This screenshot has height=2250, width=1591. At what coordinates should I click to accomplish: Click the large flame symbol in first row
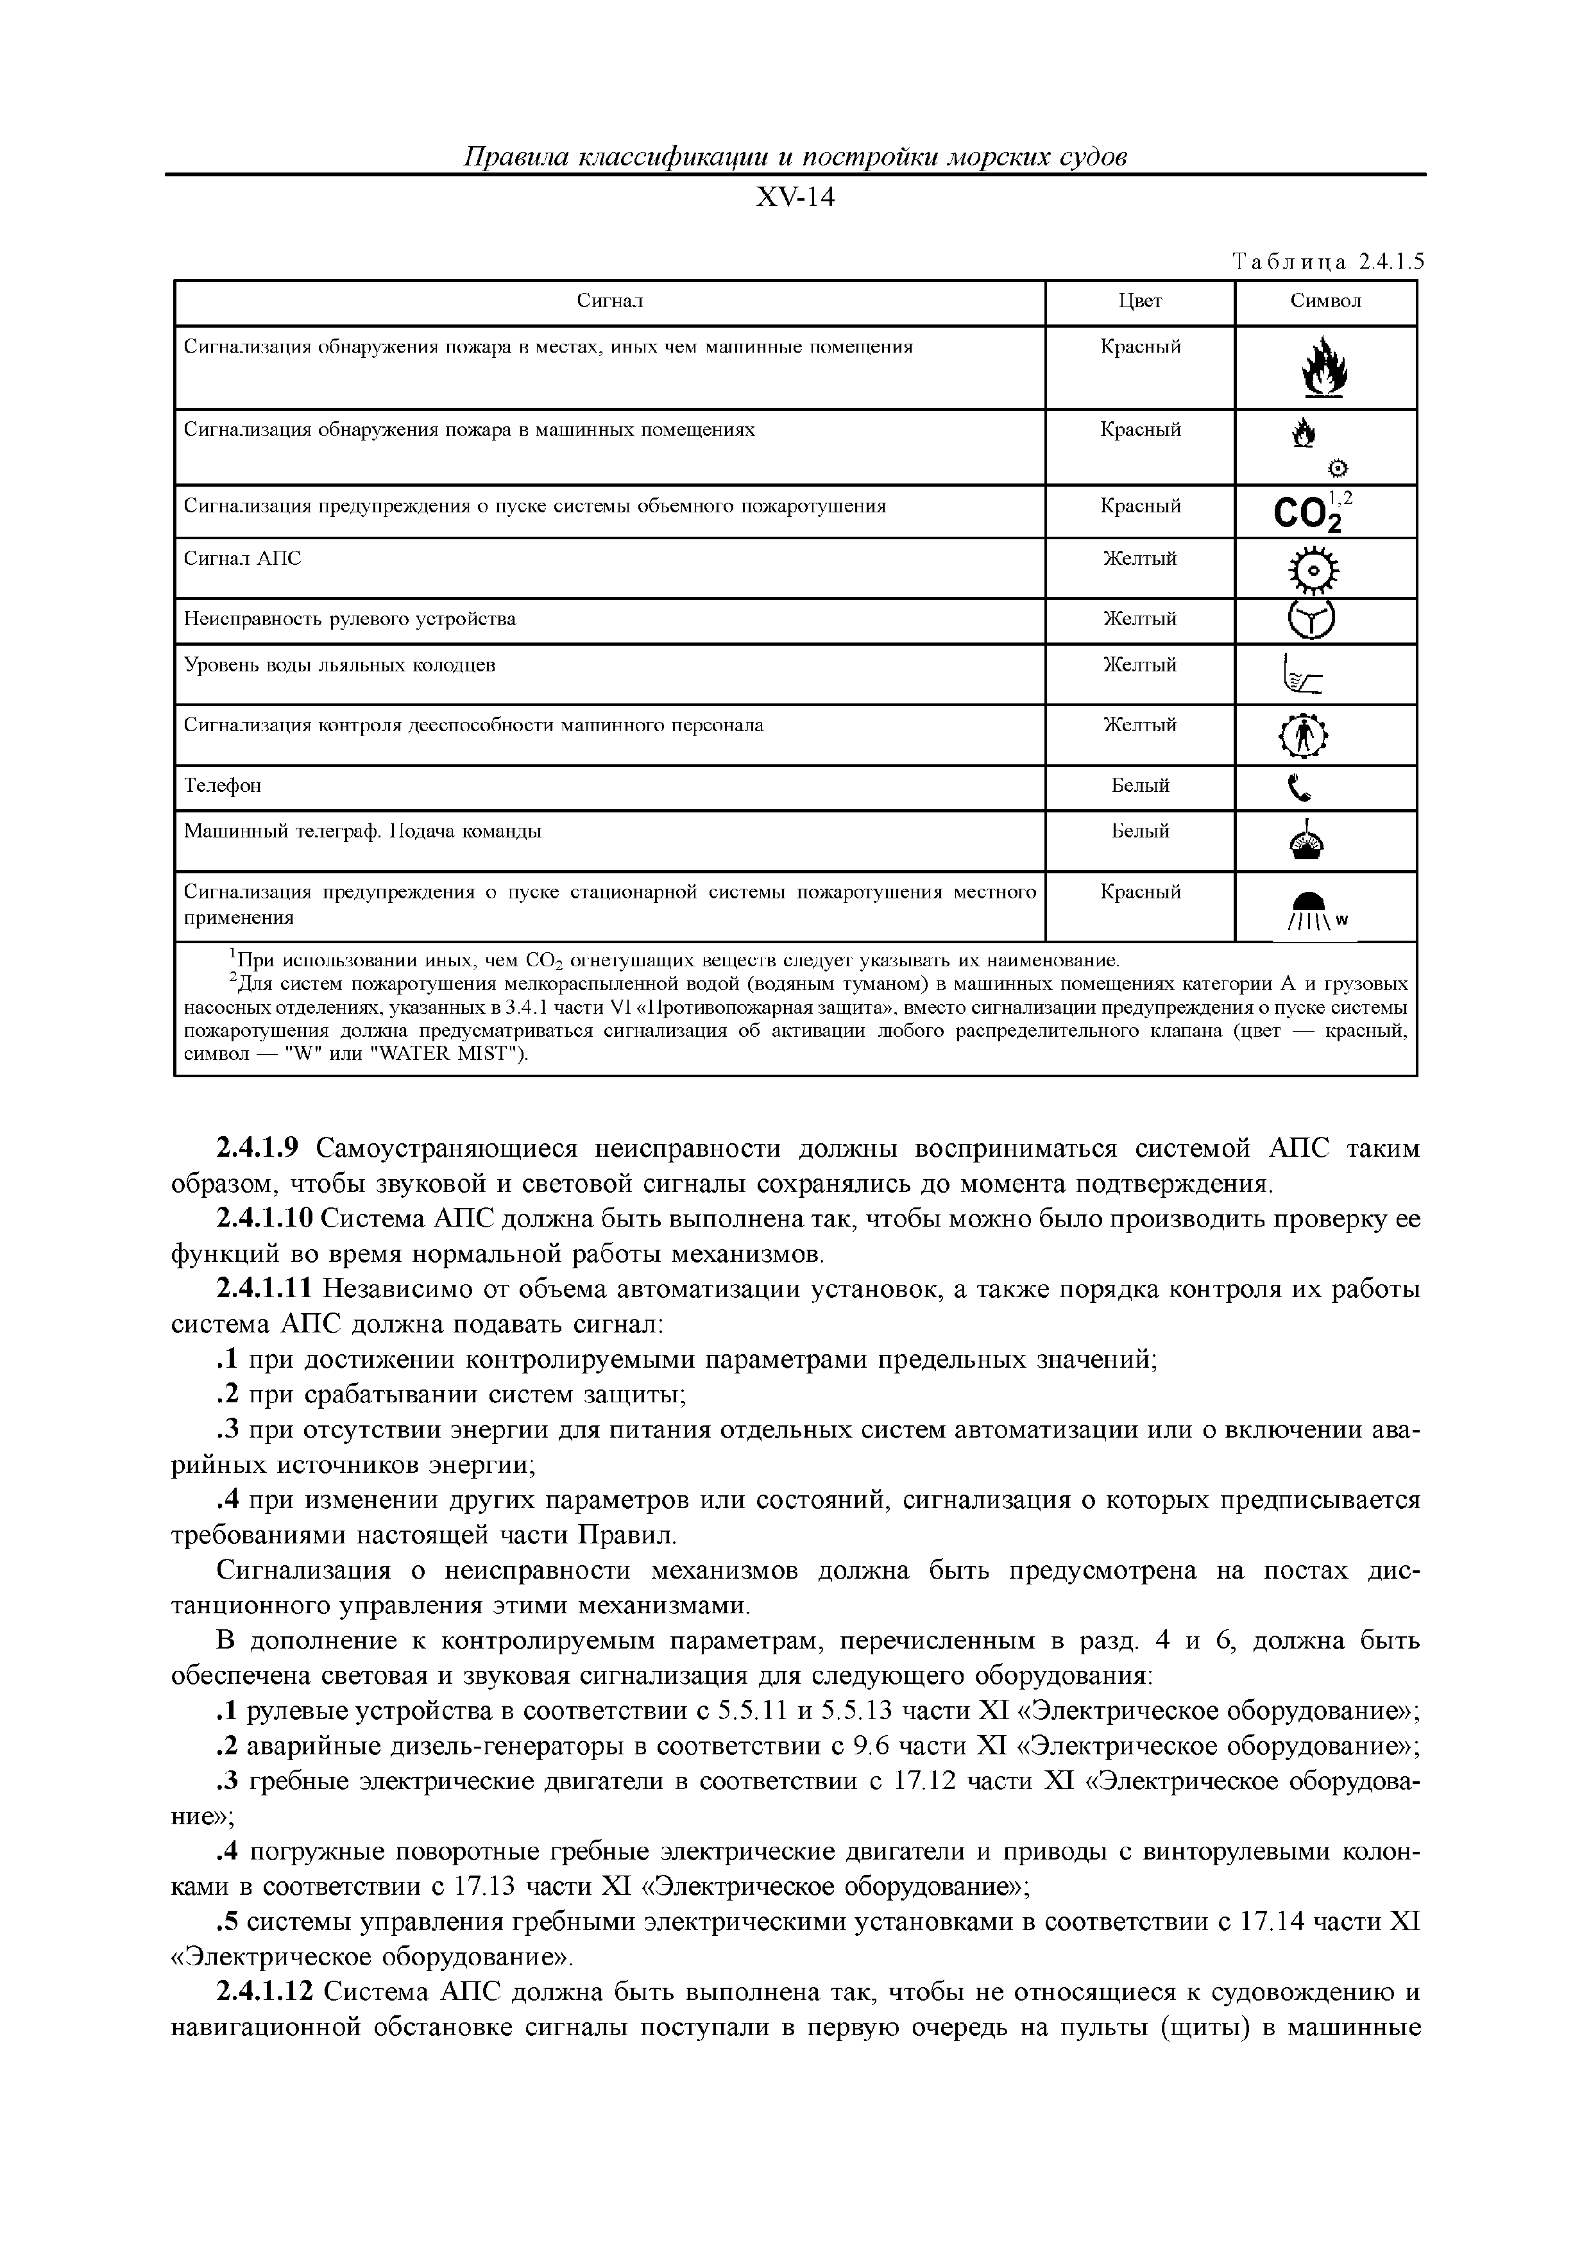(x=1323, y=367)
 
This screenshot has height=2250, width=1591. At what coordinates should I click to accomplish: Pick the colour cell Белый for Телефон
(x=1140, y=786)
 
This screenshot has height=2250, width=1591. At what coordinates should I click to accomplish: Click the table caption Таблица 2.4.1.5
(x=1327, y=262)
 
